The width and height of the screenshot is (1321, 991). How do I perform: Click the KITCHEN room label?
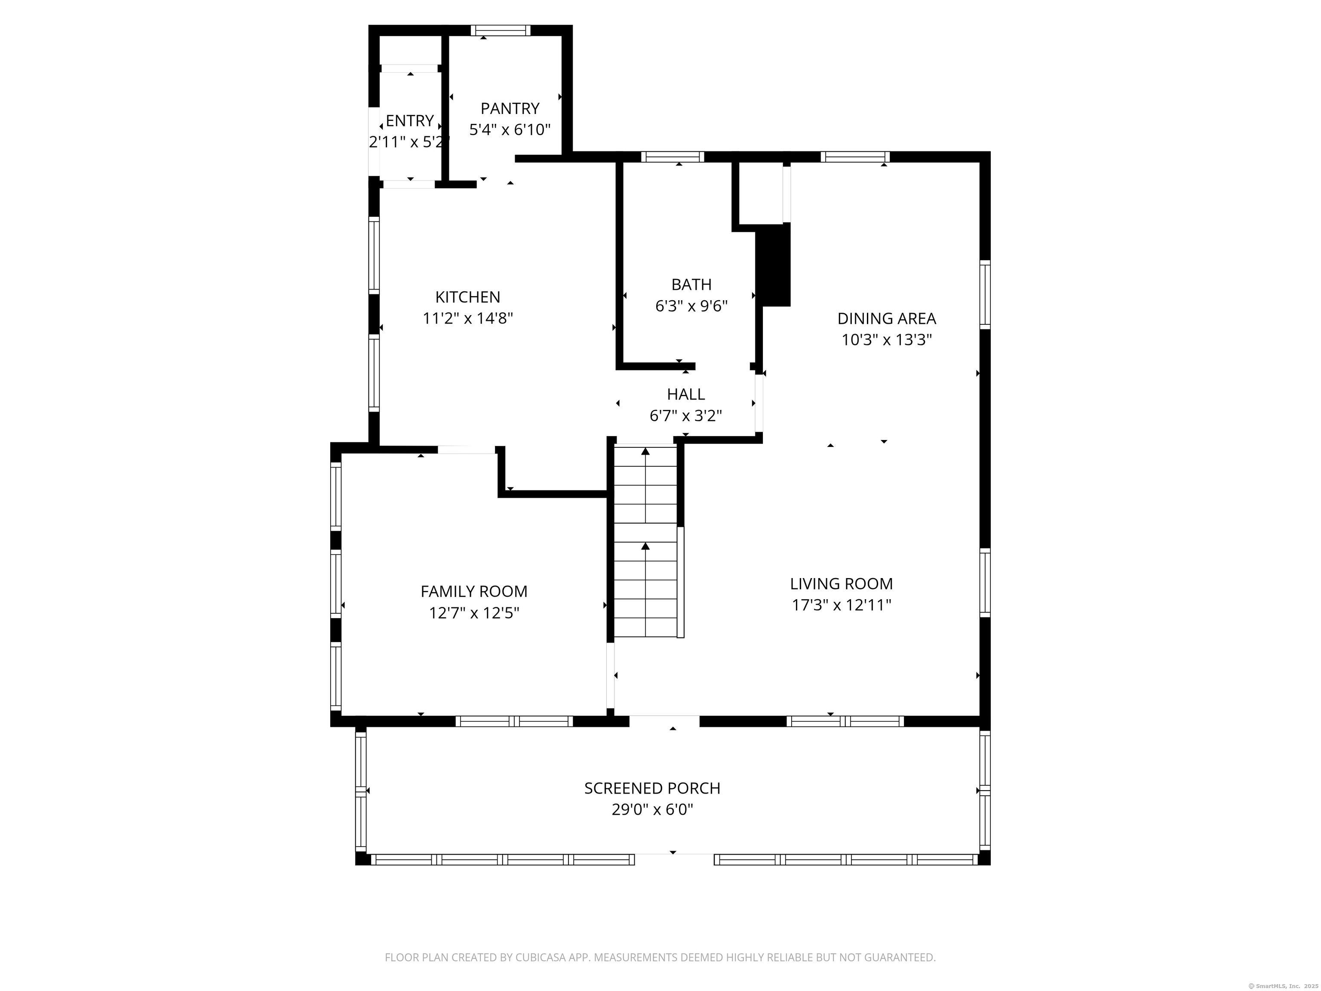[467, 297]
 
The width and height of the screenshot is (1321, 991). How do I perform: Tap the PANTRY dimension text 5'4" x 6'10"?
[510, 129]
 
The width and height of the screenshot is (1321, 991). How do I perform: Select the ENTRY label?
[410, 121]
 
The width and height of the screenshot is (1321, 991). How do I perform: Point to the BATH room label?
[691, 284]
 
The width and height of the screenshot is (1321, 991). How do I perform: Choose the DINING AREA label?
[886, 318]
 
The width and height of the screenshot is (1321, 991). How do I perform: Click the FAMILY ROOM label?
[473, 591]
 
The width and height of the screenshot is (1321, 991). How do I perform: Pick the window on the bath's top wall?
[673, 157]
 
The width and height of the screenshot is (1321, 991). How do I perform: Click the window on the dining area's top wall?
[854, 157]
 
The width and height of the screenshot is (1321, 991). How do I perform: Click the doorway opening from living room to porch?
[664, 721]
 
